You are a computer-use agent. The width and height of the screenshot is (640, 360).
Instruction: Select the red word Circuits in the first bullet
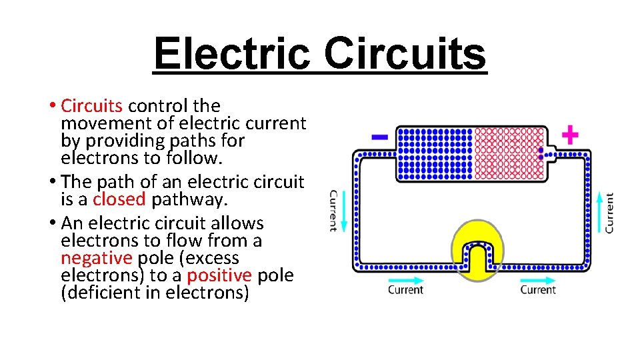pyautogui.click(x=91, y=105)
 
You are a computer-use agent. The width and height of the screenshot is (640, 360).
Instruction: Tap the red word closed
pyautogui.click(x=119, y=199)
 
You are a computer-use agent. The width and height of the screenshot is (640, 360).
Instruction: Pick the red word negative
pyautogui.click(x=96, y=258)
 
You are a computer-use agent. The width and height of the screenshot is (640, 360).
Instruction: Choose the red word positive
pyautogui.click(x=219, y=275)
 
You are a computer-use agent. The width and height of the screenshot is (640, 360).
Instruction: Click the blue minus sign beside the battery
pyautogui.click(x=379, y=137)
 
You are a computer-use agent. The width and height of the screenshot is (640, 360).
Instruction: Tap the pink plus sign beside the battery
pyautogui.click(x=569, y=136)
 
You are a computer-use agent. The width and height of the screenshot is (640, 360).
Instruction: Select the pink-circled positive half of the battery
pyautogui.click(x=509, y=153)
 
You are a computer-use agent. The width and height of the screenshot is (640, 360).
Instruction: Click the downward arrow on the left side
pyautogui.click(x=343, y=210)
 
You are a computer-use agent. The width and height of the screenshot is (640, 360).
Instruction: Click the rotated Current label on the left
pyautogui.click(x=333, y=211)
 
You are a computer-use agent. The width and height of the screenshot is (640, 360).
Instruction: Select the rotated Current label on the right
pyautogui.click(x=609, y=213)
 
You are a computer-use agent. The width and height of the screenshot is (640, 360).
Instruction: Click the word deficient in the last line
pyautogui.click(x=98, y=293)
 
